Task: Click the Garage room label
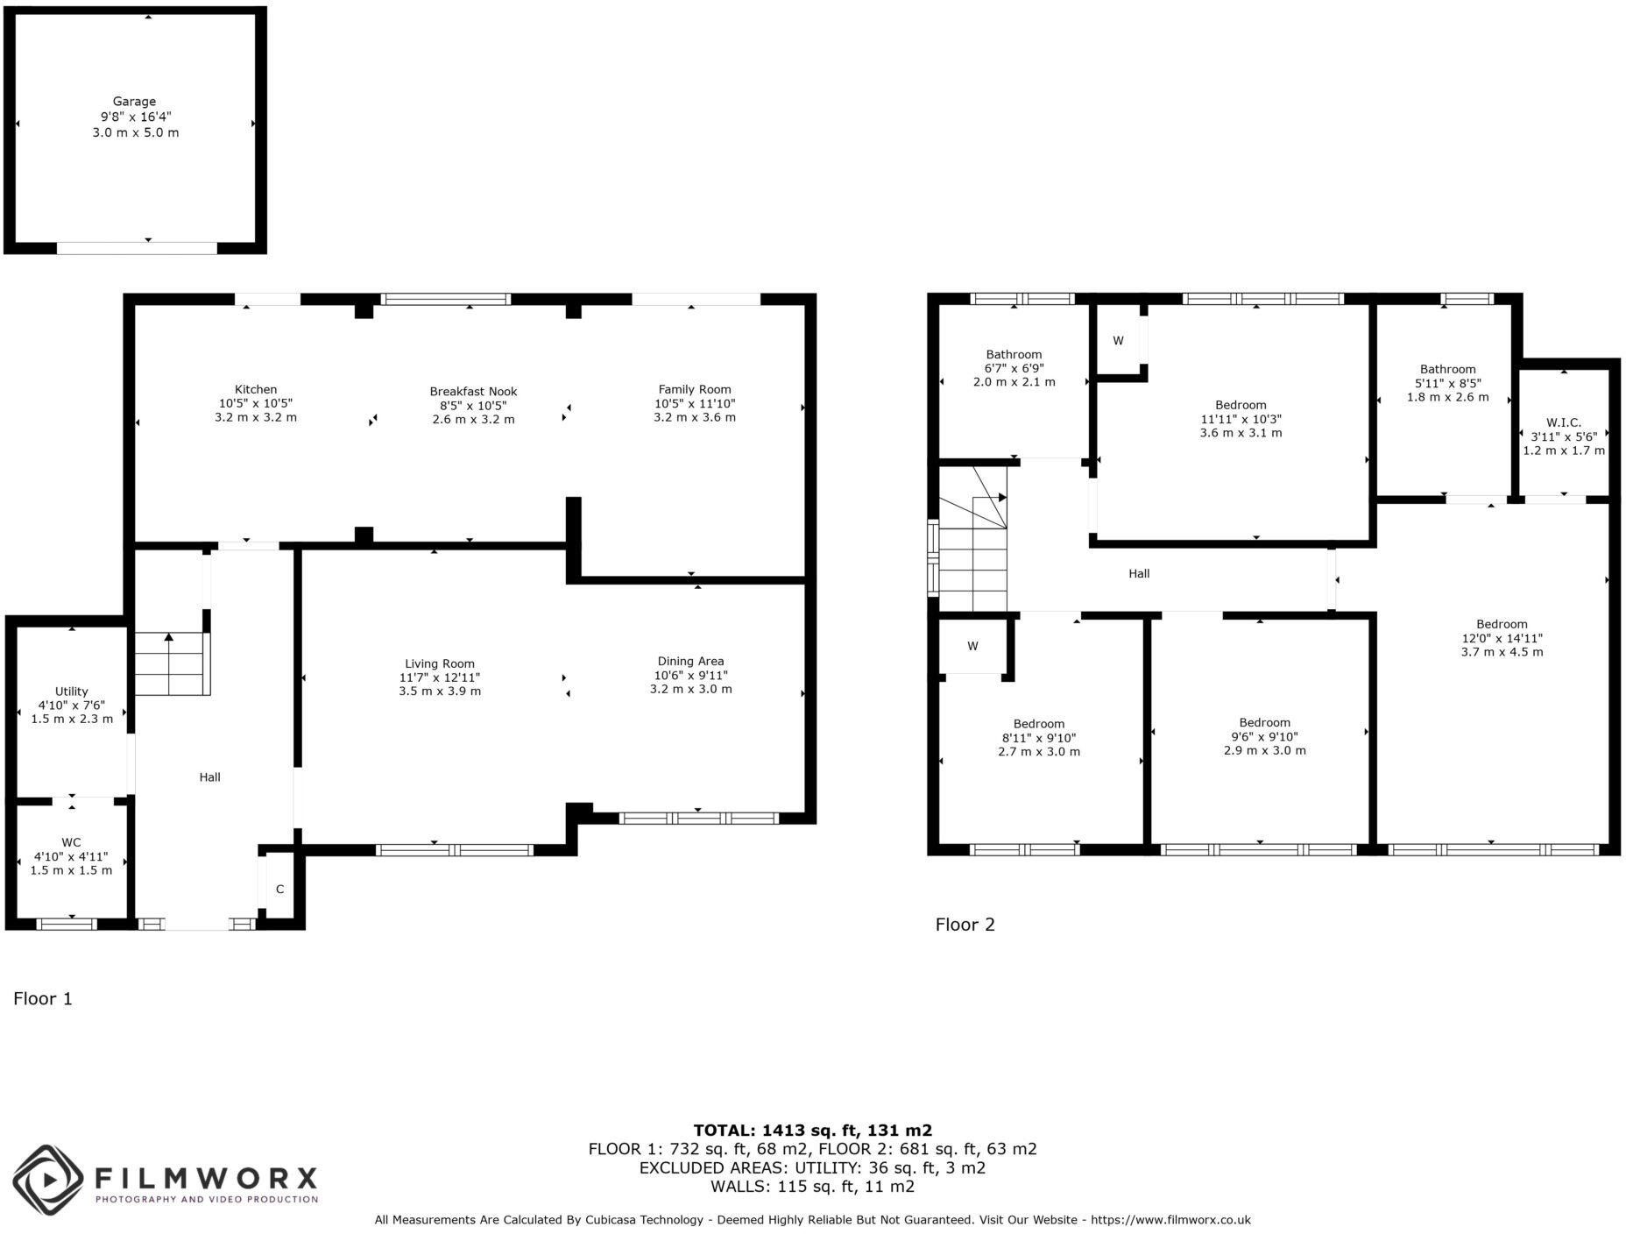click(x=134, y=102)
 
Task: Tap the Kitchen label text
click(x=255, y=389)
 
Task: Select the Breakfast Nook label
click(x=473, y=392)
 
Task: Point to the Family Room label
click(x=694, y=389)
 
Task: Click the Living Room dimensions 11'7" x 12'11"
click(x=439, y=677)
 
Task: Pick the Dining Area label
click(x=690, y=661)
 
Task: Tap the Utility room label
click(x=72, y=691)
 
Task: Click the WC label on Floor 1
click(x=71, y=842)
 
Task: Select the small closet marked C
click(x=280, y=890)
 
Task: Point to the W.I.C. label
click(x=1563, y=422)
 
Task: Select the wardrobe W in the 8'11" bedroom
click(x=972, y=647)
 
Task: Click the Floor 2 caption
click(x=965, y=925)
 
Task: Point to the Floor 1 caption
click(x=43, y=998)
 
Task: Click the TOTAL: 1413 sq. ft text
click(x=812, y=1130)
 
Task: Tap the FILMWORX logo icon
click(x=47, y=1180)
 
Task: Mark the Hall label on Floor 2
click(x=1139, y=574)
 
